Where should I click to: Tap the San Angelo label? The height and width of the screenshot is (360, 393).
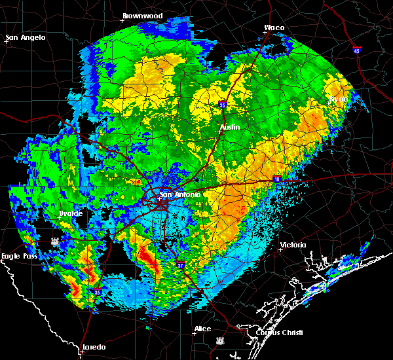click(x=26, y=37)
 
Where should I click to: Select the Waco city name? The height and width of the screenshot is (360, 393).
click(x=274, y=28)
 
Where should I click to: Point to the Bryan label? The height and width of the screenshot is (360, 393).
click(x=338, y=98)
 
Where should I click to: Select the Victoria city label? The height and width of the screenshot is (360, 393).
click(x=293, y=245)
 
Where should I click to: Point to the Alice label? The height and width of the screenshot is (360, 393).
click(x=202, y=329)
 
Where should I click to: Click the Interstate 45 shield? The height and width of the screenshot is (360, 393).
click(x=356, y=50)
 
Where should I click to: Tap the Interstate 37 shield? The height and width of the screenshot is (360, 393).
click(x=181, y=264)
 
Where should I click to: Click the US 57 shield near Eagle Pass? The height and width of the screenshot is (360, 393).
click(x=54, y=241)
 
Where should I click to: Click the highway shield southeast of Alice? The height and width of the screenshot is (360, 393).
click(x=219, y=340)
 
